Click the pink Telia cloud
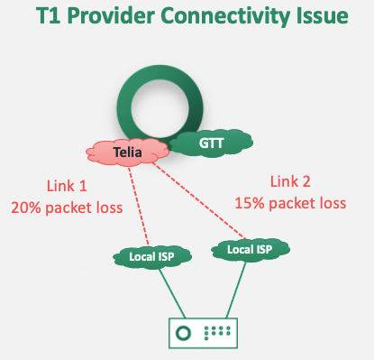click(129, 152)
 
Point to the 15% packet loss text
click(290, 202)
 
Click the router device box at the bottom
click(207, 333)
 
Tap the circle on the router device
click(184, 333)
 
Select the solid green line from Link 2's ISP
click(233, 290)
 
